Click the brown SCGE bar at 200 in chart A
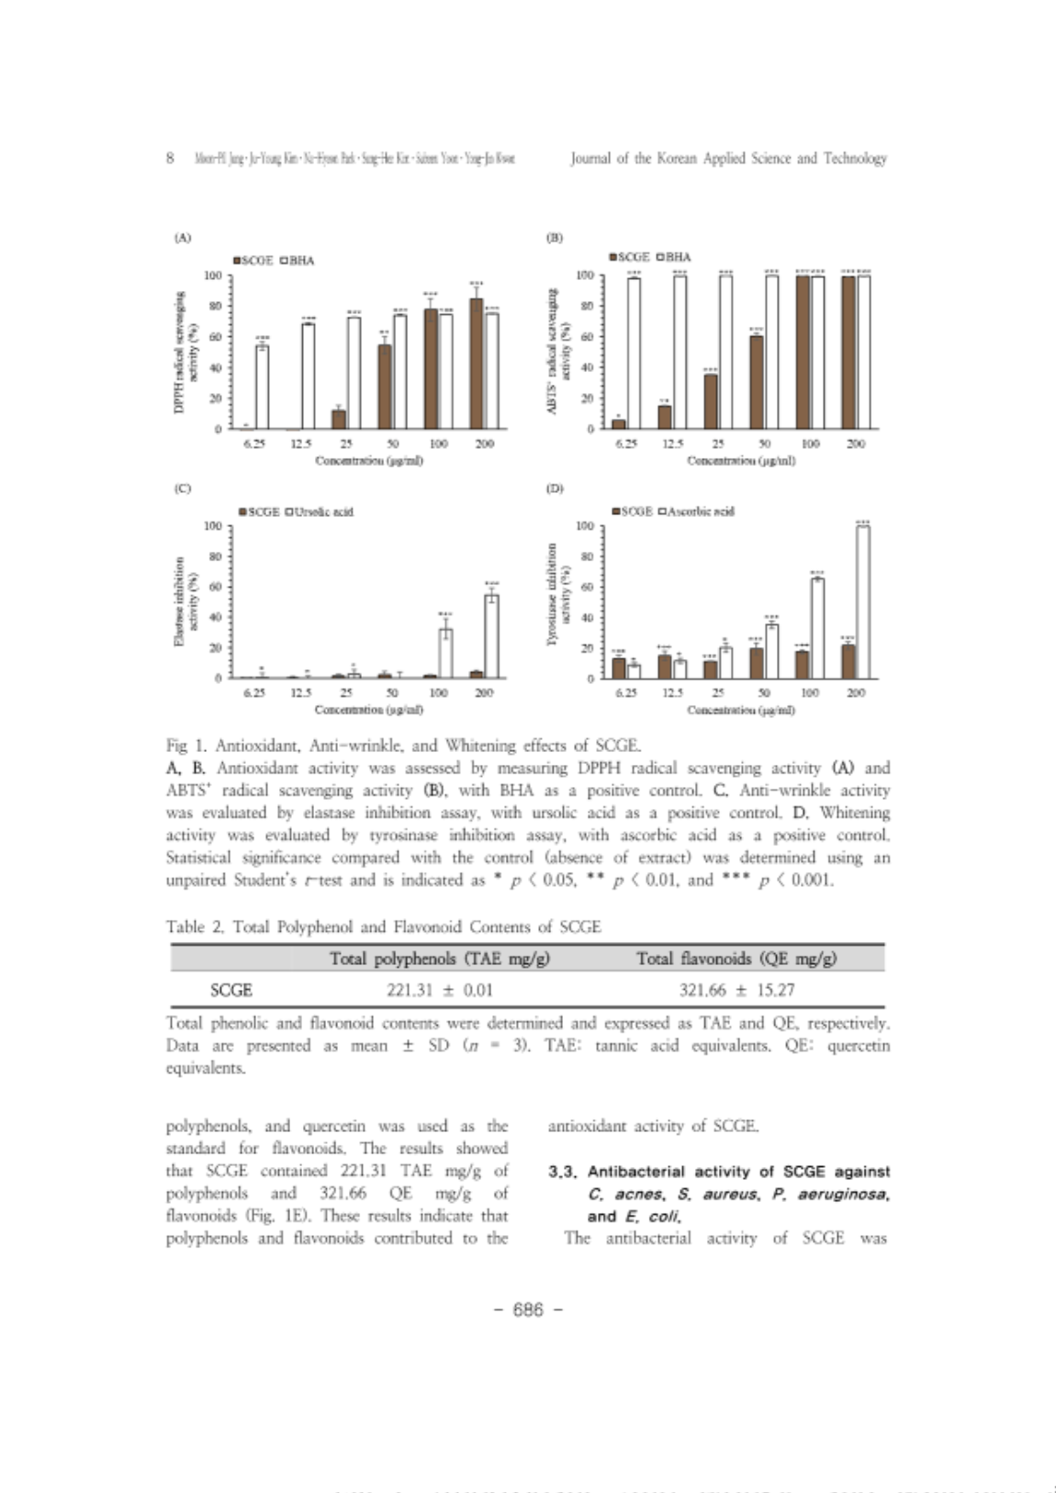pos(476,364)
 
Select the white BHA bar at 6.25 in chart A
pos(262,387)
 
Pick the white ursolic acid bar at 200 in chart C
pos(491,636)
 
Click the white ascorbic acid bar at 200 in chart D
pos(862,601)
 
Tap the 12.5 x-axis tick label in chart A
pos(300,443)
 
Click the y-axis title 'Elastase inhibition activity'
pos(186,601)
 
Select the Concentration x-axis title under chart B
pos(740,460)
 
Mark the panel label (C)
pos(183,488)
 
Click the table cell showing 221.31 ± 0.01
pos(439,990)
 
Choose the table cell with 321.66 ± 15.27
pos(736,990)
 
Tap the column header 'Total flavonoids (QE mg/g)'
pos(736,959)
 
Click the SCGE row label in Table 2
pos(230,990)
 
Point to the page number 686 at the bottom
pos(528,1310)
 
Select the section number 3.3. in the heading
pos(565,1172)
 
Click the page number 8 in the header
pos(171,158)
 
